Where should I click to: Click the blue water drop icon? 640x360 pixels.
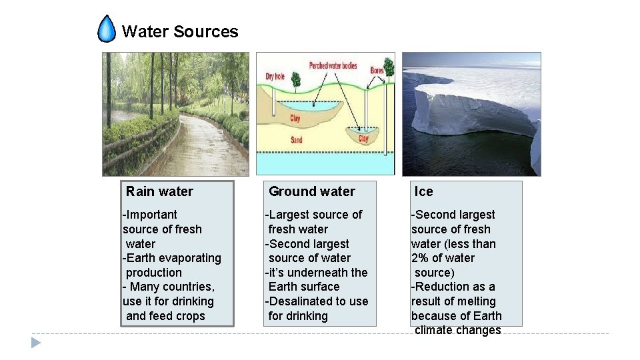click(x=107, y=29)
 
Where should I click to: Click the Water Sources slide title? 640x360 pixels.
click(x=180, y=31)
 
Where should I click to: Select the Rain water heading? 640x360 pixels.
click(x=159, y=192)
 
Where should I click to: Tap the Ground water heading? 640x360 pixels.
click(x=311, y=192)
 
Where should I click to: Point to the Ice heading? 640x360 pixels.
click(x=423, y=192)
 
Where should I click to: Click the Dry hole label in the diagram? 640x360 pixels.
click(x=275, y=76)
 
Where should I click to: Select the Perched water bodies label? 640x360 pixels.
click(x=333, y=66)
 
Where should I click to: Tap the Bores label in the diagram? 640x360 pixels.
click(x=377, y=69)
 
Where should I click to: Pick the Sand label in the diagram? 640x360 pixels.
click(x=297, y=140)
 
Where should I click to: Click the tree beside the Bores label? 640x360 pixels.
click(x=389, y=67)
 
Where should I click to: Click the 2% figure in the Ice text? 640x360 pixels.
click(x=421, y=258)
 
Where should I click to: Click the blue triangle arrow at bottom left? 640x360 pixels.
click(x=36, y=343)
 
